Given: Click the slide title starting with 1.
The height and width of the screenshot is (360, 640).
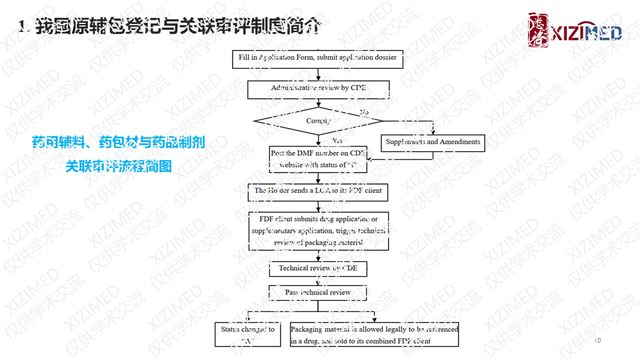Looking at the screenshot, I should (171, 27).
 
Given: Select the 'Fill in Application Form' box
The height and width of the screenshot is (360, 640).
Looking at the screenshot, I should (318, 58).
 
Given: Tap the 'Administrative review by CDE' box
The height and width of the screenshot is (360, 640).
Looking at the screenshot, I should (318, 88).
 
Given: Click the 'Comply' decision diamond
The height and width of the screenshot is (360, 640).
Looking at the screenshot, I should (318, 121).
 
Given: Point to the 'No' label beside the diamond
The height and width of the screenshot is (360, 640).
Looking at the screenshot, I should (364, 112).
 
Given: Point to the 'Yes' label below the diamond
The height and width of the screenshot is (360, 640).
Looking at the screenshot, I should (337, 141).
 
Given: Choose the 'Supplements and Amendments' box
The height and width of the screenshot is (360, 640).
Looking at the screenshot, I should (433, 142).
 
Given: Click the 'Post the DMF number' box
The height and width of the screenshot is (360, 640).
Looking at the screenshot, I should (318, 159).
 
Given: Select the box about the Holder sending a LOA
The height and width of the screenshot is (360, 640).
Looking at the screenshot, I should (318, 191).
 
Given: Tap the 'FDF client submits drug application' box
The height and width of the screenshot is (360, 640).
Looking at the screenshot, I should (318, 231).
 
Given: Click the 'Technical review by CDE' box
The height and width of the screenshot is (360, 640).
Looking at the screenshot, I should (318, 268).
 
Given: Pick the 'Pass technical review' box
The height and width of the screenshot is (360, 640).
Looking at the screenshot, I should (318, 292).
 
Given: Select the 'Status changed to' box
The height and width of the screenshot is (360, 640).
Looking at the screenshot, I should (248, 335).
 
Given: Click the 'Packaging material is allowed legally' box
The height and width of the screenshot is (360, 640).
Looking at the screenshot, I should (374, 335).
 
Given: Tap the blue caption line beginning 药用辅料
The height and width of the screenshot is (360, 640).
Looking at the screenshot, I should (118, 142).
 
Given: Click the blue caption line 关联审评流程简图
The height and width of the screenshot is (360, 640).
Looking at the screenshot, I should (118, 165).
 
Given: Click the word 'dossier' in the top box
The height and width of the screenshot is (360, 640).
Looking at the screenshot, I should (385, 58).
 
